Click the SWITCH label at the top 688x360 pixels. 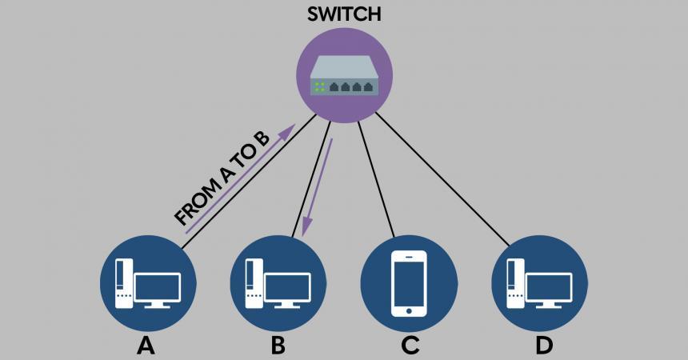pyautogui.click(x=343, y=14)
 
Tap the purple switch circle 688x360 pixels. pyautogui.click(x=344, y=104)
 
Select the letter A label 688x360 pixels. pyautogui.click(x=146, y=346)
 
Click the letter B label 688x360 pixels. pyautogui.click(x=278, y=346)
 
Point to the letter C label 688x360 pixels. pyautogui.click(x=410, y=346)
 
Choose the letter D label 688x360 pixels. pyautogui.click(x=543, y=346)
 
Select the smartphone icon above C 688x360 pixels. pyautogui.click(x=409, y=284)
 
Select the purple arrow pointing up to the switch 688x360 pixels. pyautogui.click(x=240, y=179)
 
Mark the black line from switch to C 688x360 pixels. pyautogui.click(x=376, y=179)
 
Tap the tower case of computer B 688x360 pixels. pyautogui.click(x=254, y=283)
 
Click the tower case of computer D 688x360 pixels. pyautogui.click(x=516, y=283)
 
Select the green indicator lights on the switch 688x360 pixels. pyautogui.click(x=318, y=86)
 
